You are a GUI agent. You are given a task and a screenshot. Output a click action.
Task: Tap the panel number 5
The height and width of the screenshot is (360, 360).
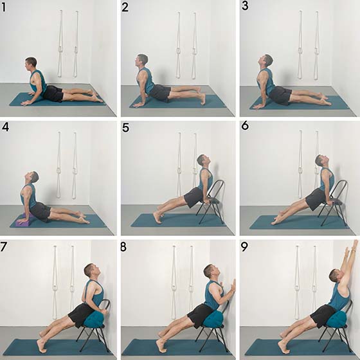[x=125, y=127]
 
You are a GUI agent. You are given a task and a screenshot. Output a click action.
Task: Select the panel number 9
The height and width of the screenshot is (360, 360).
[x=244, y=247]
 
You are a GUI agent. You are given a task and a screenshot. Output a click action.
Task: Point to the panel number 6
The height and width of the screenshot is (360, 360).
[x=245, y=125]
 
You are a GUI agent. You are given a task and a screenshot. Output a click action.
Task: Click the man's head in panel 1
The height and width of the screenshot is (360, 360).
[x=31, y=64]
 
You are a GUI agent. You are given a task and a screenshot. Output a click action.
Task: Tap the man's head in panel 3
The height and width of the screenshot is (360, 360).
[x=266, y=61]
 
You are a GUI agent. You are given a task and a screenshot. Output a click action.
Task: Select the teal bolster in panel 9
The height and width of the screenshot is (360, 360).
[x=337, y=319]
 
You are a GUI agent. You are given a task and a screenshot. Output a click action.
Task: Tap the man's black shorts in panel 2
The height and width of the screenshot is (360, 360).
[x=160, y=93]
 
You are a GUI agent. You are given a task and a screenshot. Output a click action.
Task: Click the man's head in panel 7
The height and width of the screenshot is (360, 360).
[x=91, y=271]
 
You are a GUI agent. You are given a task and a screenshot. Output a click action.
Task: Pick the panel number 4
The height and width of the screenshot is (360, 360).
[x=5, y=127]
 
